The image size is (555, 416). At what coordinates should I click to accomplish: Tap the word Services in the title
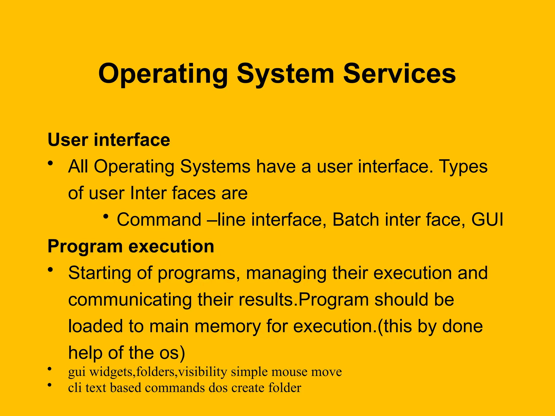pos(399,74)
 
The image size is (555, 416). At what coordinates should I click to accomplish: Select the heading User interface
pos(109,140)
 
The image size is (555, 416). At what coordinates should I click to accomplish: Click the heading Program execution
pos(131,246)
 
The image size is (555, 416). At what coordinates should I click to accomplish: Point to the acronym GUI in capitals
pos(487,219)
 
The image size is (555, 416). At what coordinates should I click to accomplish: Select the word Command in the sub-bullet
pos(159,219)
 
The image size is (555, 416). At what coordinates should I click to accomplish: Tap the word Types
pos(463,167)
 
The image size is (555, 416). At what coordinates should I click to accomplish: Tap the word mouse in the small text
pos(289,372)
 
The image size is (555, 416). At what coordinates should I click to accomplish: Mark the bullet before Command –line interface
pos(106,216)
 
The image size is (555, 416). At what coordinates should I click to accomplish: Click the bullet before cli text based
pos(49,385)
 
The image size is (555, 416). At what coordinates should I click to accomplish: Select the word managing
pos(286,273)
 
